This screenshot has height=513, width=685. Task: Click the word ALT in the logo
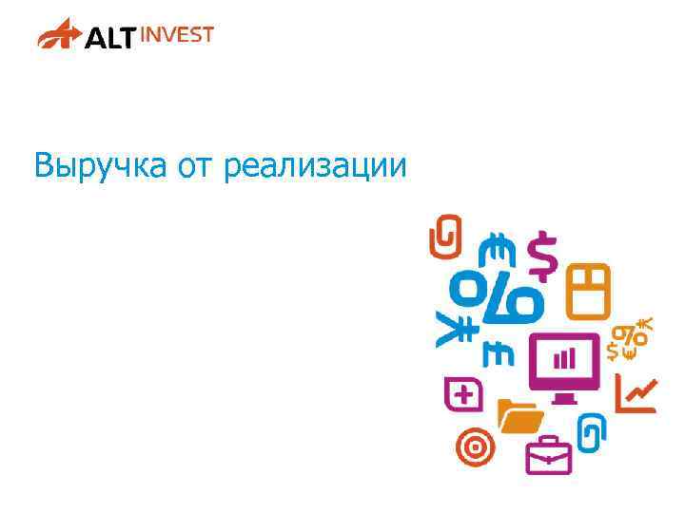[x=110, y=38]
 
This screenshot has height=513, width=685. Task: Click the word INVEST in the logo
[x=178, y=34]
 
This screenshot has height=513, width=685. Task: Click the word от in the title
[x=196, y=167]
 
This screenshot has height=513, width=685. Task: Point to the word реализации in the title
[x=315, y=167]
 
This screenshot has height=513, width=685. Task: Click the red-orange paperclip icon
[x=445, y=237]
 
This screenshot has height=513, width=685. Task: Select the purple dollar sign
[x=542, y=256]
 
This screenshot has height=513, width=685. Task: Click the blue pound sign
[x=499, y=353]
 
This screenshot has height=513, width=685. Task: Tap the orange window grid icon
[x=588, y=291]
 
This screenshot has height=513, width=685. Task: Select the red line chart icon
[x=636, y=392]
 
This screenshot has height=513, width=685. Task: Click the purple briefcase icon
[x=549, y=455]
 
